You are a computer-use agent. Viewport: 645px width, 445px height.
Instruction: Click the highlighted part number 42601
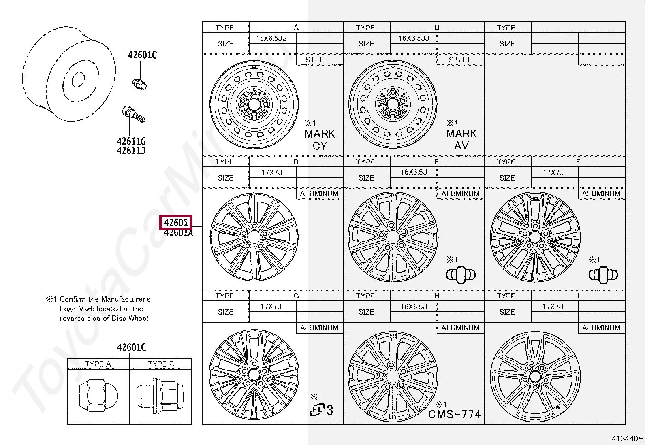click(176, 223)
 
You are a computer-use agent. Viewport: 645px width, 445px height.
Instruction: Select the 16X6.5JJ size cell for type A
click(271, 38)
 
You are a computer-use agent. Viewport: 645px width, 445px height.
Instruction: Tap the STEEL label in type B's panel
click(460, 60)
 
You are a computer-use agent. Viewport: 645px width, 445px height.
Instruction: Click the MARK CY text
click(320, 140)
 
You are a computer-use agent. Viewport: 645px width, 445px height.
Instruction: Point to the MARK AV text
click(461, 139)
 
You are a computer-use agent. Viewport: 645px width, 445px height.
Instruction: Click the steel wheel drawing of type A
click(254, 104)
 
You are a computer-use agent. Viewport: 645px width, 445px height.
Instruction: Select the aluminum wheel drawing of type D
click(254, 237)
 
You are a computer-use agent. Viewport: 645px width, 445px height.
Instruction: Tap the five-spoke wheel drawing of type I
click(535, 377)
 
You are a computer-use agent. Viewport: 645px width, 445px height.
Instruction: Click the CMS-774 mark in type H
click(454, 414)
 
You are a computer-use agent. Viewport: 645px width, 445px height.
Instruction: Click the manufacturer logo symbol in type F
click(603, 275)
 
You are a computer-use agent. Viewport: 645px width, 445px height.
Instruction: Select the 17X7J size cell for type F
click(553, 172)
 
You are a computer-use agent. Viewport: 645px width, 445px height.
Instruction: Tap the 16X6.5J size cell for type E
click(414, 172)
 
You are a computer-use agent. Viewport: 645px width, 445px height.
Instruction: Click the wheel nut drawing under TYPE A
click(98, 396)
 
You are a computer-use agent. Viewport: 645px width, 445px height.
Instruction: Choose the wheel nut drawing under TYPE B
click(160, 396)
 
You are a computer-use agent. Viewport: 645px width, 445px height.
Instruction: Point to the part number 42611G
click(131, 141)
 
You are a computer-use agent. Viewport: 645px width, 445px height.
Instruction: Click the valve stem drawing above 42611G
click(133, 114)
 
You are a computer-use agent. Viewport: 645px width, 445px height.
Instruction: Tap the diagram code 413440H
click(627, 439)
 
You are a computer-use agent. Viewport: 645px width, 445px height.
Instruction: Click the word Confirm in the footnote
click(73, 299)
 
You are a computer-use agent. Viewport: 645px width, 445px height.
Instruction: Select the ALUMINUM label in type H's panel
click(460, 328)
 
